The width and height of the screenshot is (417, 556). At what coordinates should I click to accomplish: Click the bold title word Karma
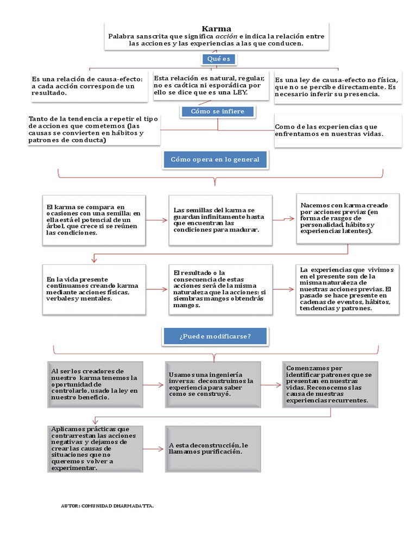pyautogui.click(x=217, y=29)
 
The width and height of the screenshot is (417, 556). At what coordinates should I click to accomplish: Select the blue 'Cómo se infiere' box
pyautogui.click(x=217, y=111)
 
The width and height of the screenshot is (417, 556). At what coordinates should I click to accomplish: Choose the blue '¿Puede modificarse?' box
pyautogui.click(x=214, y=336)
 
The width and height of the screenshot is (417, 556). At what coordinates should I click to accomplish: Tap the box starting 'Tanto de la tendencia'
pyautogui.click(x=94, y=130)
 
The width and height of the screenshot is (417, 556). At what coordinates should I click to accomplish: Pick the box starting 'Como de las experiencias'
pyautogui.click(x=338, y=130)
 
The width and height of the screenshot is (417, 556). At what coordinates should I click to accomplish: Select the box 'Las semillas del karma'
pyautogui.click(x=220, y=220)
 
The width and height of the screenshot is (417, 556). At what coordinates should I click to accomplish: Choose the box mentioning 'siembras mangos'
pyautogui.click(x=220, y=289)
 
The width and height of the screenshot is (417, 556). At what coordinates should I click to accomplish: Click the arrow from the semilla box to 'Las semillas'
pyautogui.click(x=157, y=220)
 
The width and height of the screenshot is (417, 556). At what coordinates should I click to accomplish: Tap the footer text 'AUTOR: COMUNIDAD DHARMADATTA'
pyautogui.click(x=108, y=506)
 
